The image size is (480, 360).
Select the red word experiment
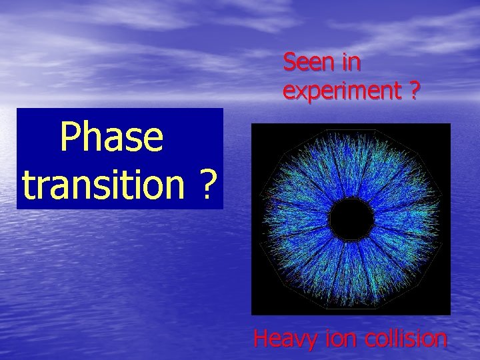coord(340,91)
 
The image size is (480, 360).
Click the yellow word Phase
coord(111,138)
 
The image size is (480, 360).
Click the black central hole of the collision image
coord(351,219)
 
